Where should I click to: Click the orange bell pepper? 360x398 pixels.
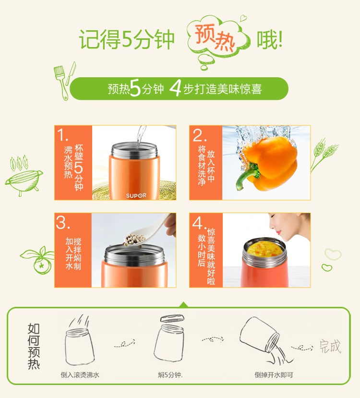(269, 164)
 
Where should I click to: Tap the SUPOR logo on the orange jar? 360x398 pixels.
(136, 195)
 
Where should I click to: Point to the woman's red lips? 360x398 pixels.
(278, 232)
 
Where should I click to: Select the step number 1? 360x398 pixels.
(62, 134)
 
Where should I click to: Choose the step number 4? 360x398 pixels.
(199, 223)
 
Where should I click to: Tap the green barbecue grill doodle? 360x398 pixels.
(24, 176)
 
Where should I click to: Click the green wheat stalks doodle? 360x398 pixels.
(324, 155)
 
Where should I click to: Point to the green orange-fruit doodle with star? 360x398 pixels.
(38, 261)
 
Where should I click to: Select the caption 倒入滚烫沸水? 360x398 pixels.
(80, 375)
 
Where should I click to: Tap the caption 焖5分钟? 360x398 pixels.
(170, 375)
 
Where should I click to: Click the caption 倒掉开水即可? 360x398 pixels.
(274, 375)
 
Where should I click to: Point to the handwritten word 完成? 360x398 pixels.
(330, 346)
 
